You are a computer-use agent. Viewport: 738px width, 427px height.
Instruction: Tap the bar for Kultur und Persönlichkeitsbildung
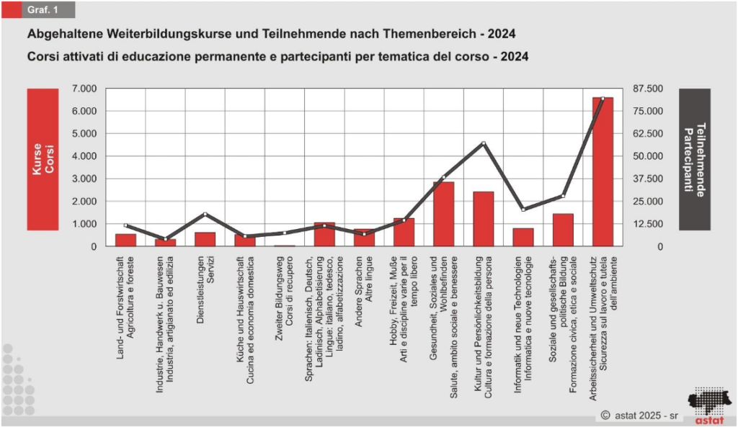[x=483, y=219]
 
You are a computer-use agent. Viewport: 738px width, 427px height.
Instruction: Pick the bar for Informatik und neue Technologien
[x=523, y=237]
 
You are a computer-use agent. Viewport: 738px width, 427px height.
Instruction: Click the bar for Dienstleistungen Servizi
[x=205, y=239]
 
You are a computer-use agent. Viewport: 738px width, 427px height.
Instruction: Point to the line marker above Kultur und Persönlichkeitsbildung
[x=484, y=143]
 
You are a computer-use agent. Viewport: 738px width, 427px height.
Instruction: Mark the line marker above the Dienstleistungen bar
[x=205, y=214]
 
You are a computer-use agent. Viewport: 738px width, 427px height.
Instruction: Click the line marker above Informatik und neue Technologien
[x=523, y=210]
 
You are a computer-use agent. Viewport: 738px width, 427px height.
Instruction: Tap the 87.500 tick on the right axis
[x=647, y=89]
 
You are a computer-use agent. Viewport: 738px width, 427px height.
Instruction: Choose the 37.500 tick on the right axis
[x=647, y=179]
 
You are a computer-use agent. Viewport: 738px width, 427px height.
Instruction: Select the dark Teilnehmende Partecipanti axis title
[x=694, y=159]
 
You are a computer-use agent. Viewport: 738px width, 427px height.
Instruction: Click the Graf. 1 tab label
[x=44, y=10]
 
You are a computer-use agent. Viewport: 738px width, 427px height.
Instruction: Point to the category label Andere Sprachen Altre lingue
[x=363, y=288]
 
